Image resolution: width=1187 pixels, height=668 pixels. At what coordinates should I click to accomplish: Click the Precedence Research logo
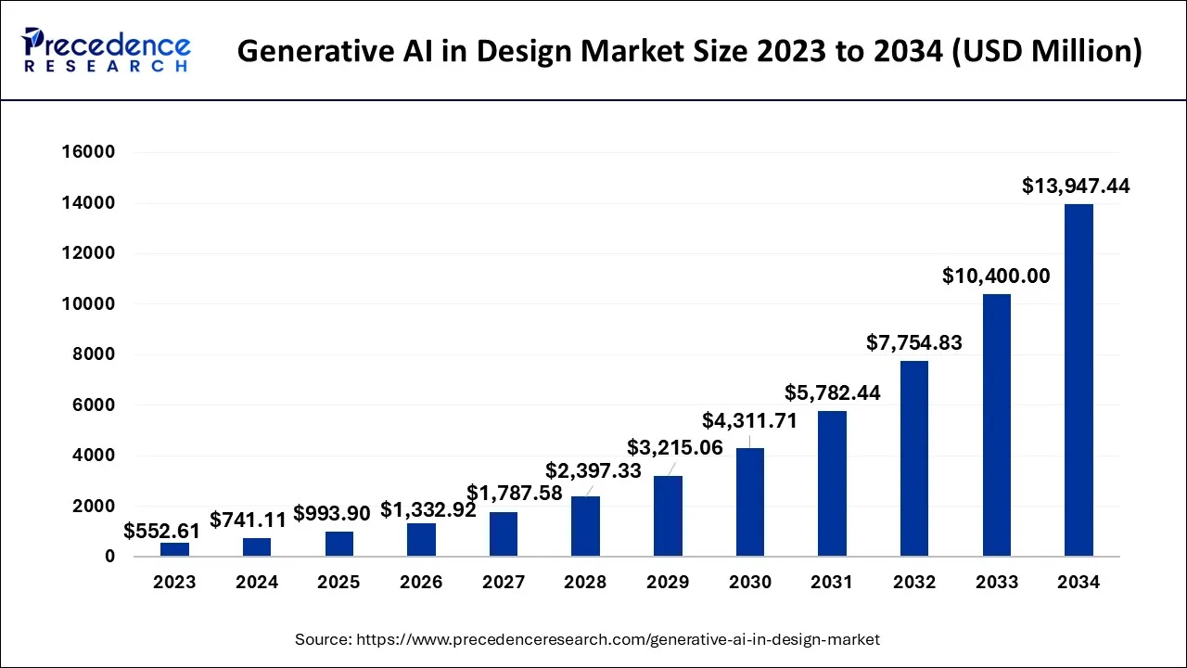107,50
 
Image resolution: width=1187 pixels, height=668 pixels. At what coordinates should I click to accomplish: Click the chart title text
689,50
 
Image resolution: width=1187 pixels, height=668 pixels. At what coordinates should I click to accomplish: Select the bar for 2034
1079,379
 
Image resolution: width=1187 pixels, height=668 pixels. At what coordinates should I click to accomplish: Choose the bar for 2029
668,516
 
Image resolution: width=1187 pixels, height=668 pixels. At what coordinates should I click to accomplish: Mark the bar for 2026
421,540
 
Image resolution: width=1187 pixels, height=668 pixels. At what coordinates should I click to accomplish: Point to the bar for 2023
174,549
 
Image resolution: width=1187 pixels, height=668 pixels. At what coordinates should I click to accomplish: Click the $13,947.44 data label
1076,186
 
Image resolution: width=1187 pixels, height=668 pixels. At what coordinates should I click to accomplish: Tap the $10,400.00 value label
996,276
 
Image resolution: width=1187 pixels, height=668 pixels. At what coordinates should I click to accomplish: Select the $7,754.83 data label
914,342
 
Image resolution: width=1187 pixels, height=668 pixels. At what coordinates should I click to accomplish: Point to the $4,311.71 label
749,420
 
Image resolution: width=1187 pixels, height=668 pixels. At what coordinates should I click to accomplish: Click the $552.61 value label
161,532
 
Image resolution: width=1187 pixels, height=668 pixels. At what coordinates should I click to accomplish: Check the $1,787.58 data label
514,493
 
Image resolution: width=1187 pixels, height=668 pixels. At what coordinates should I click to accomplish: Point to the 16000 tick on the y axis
89,152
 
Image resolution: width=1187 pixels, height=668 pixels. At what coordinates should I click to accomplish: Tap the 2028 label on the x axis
585,583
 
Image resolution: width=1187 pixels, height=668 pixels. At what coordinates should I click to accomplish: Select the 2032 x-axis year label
913,583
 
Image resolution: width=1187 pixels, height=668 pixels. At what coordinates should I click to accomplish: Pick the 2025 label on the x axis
338,583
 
